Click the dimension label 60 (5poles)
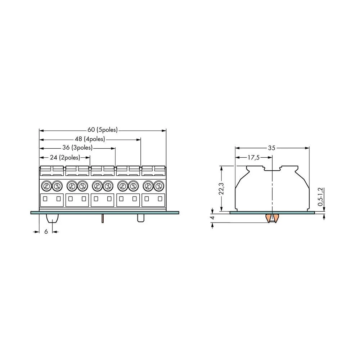(102, 130)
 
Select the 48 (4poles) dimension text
(90, 139)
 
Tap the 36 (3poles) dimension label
(77, 147)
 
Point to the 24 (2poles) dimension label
(65, 157)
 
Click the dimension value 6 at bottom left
(46, 231)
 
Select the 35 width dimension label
(271, 148)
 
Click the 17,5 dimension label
(253, 158)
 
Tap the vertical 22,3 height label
(221, 189)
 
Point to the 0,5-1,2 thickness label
(320, 197)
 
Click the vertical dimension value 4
(212, 217)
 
